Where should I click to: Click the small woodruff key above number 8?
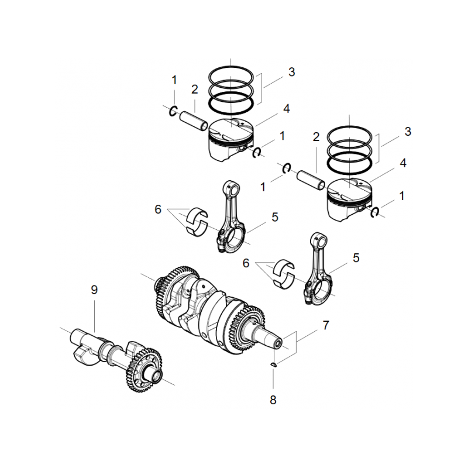(274, 366)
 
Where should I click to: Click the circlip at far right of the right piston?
(376, 212)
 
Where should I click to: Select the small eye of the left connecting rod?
(231, 188)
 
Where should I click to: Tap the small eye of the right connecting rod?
(319, 239)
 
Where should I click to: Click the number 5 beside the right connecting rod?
(356, 257)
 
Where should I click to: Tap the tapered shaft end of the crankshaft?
(278, 339)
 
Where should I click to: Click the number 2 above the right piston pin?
(316, 137)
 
